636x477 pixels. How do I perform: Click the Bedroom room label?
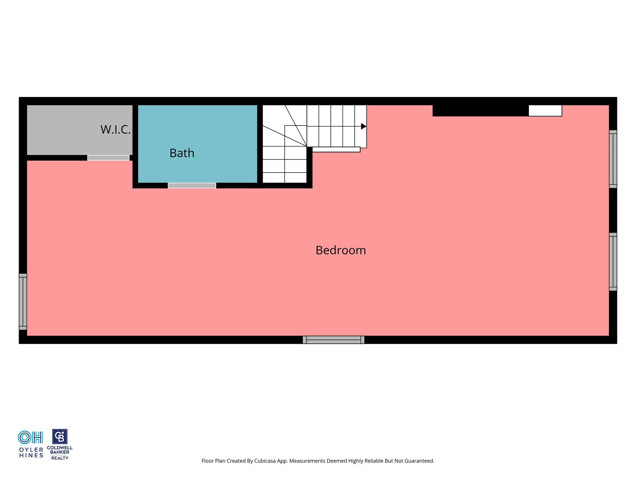[341, 250]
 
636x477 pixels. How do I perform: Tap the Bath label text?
[182, 153]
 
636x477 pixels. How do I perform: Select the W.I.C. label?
[116, 129]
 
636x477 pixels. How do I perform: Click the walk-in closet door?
[108, 158]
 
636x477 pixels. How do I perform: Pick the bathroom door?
[192, 185]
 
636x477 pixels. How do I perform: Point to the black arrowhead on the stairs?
[364, 126]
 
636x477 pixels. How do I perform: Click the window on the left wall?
[23, 302]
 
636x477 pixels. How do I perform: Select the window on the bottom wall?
[334, 340]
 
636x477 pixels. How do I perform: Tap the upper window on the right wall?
[613, 159]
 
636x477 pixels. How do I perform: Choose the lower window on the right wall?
[613, 262]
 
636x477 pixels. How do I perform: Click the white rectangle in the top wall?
[545, 111]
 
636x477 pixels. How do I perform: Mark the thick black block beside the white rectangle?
[481, 111]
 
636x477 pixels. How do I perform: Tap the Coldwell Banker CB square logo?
[60, 437]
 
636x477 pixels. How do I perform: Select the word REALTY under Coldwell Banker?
[60, 458]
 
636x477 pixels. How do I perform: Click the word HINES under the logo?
[31, 456]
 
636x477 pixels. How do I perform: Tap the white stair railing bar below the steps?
[336, 149]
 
